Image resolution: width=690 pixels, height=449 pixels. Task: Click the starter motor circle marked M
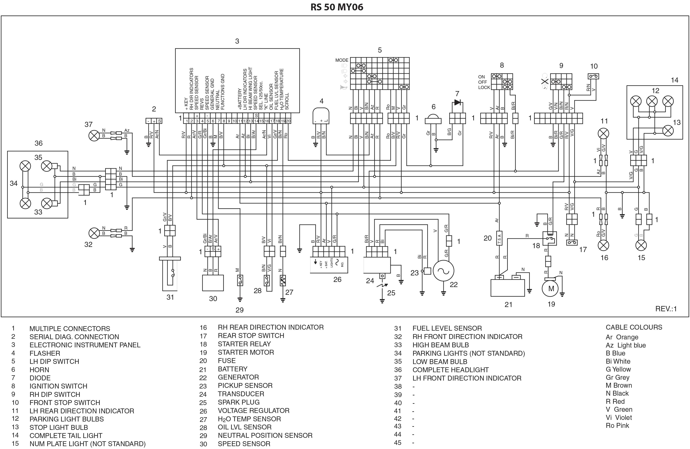pos(551,288)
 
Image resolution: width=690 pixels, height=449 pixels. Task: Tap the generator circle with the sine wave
pos(443,271)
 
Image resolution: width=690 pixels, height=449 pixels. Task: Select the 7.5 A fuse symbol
pos(499,238)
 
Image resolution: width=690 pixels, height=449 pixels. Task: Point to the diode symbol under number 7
pos(457,102)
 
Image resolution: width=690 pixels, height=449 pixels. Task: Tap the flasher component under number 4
pos(321,116)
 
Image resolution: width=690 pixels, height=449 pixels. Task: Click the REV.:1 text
pos(666,309)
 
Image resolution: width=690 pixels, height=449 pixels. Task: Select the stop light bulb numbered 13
pos(668,131)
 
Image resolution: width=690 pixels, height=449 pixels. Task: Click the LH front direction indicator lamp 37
pos(94,135)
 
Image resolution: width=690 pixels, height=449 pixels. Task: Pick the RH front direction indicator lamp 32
pos(94,233)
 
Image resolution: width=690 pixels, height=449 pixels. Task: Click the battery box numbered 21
pos(507,288)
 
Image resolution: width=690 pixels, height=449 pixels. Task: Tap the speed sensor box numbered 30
pos(213,283)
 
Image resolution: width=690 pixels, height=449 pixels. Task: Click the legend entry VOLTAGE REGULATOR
pos(253,410)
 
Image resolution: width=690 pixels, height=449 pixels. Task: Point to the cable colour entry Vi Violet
pos(619,417)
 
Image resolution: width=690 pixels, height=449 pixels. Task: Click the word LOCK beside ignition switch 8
pos(484,87)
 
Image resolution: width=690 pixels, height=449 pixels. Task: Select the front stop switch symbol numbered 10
pos(593,76)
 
